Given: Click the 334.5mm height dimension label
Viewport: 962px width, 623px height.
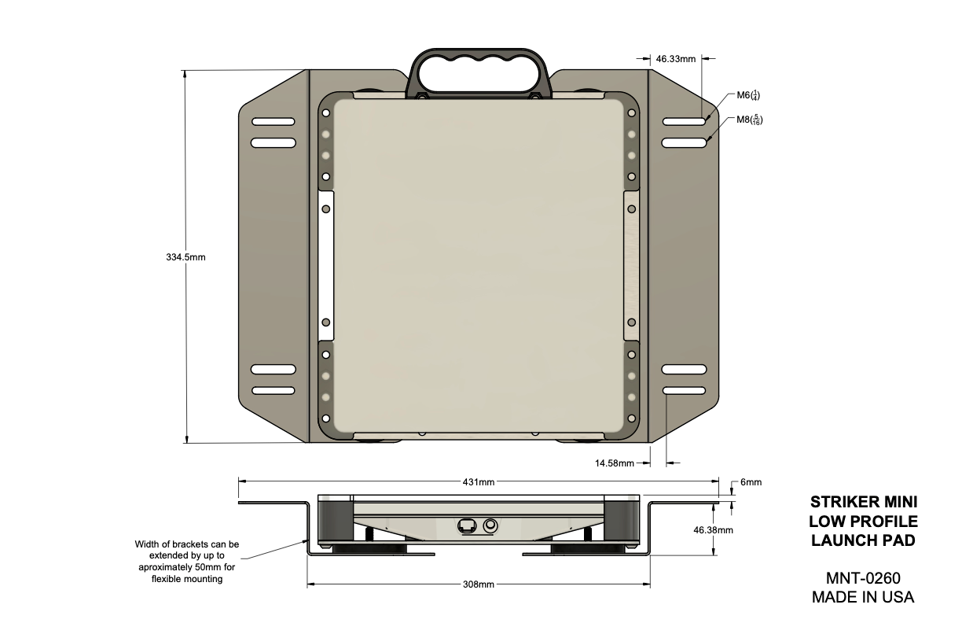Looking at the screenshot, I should point(185,257).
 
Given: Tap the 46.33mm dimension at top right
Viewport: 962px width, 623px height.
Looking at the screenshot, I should point(676,58).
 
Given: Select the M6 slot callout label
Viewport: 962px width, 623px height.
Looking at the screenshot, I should point(747,96).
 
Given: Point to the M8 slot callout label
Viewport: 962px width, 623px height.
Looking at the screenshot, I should point(749,120).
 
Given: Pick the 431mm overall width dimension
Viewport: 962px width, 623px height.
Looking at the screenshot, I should point(478,481).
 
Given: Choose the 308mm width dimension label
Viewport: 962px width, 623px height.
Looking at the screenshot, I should point(478,584).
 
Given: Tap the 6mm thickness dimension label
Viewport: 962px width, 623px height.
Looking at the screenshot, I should point(750,482).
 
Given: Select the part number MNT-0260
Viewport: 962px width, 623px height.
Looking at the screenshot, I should point(863,578).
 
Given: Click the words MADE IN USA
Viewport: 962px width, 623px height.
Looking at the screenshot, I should point(863,597).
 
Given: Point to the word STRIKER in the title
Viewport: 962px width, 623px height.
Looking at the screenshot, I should point(842,502).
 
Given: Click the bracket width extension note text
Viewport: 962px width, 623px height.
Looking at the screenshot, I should point(186,561).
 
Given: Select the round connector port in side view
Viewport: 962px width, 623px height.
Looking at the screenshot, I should point(492,525).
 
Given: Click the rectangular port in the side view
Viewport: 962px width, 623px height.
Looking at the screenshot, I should point(467,525).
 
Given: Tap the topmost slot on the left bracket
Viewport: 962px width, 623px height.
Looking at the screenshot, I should point(273,122).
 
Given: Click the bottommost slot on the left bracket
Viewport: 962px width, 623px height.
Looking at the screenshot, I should point(273,390).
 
